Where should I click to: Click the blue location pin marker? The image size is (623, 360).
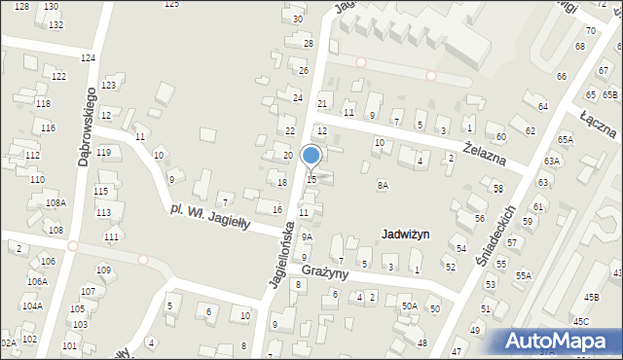click(311, 156)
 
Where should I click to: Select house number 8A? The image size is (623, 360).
click(383, 184)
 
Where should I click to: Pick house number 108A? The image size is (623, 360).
click(55, 202)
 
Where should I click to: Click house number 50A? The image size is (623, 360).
click(410, 306)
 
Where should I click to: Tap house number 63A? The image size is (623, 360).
click(552, 161)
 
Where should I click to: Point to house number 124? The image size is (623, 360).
click(88, 58)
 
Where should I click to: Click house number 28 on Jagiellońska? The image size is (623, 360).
click(309, 44)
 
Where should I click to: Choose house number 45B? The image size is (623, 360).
click(590, 297)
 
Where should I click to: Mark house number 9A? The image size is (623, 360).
click(307, 236)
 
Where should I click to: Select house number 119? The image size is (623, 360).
click(103, 153)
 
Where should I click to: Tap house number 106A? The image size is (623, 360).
click(37, 281)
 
